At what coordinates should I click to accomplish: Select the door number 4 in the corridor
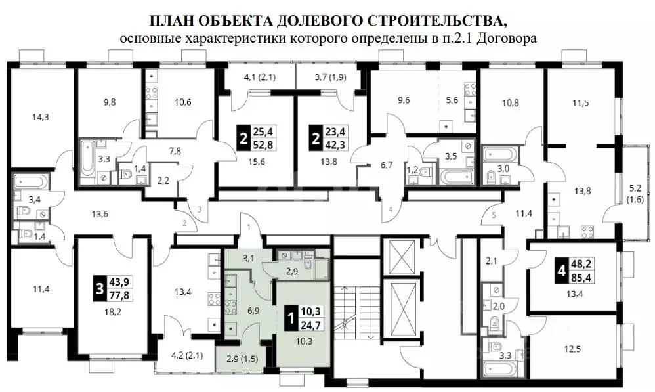[x=390, y=209]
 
